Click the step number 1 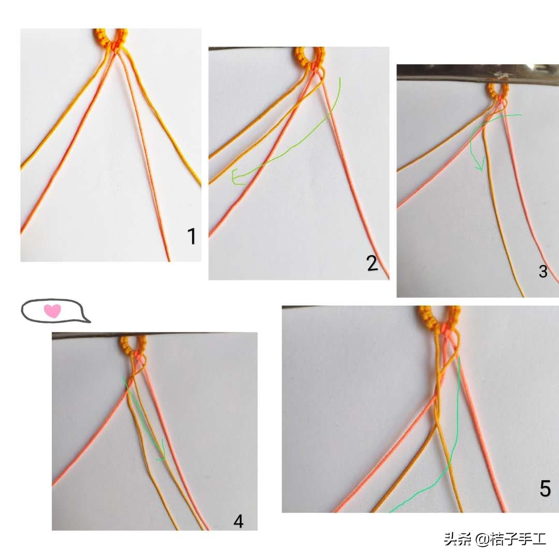click(x=192, y=237)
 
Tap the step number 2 click(x=372, y=263)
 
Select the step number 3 click(x=542, y=271)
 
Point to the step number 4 click(x=238, y=521)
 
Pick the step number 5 click(x=545, y=488)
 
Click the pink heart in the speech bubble click(x=52, y=311)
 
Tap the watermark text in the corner click(x=494, y=539)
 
